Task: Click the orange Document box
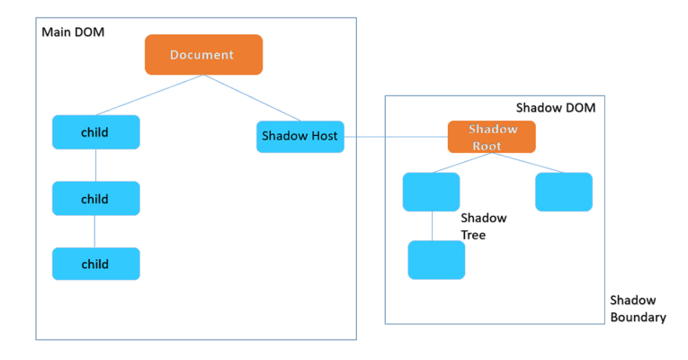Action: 203,54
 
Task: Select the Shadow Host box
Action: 299,136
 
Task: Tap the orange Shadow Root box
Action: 491,136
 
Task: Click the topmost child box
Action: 95,131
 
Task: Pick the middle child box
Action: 95,198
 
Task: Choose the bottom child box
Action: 95,264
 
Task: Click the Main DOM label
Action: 73,32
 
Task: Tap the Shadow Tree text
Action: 483,226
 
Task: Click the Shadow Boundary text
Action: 638,308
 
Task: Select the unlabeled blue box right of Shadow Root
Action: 563,192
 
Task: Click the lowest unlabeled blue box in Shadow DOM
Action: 436,259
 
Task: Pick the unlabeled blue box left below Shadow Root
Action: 431,192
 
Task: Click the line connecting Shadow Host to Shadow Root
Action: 396,137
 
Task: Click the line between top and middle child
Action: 95,165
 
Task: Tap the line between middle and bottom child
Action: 95,231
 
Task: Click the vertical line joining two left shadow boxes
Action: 433,226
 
